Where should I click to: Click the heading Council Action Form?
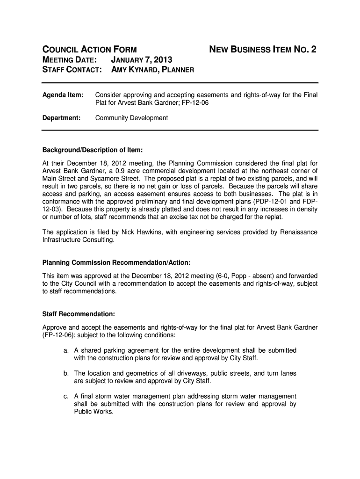pyautogui.click(x=90, y=49)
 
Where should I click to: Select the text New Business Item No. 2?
pyautogui.click(x=262, y=49)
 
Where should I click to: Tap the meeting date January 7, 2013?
pyautogui.click(x=142, y=60)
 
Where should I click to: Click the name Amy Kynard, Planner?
pyautogui.click(x=152, y=70)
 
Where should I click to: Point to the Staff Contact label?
pyautogui.click(x=72, y=70)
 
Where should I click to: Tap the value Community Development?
pyautogui.click(x=131, y=118)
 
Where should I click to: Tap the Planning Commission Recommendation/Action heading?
pyautogui.click(x=116, y=262)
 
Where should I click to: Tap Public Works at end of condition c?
pyautogui.click(x=94, y=412)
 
